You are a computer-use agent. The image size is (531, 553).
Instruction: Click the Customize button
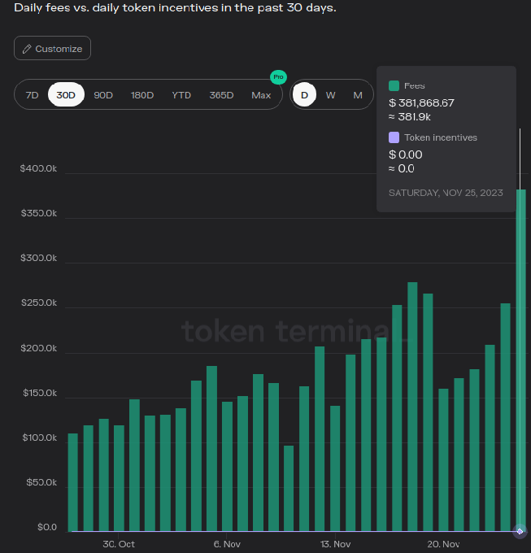(52, 49)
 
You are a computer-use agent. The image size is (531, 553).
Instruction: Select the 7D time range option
(32, 95)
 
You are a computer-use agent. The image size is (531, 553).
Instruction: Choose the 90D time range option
(103, 95)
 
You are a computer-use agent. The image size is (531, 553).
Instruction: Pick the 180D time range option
(142, 95)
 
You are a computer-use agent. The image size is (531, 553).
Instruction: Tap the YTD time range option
(181, 95)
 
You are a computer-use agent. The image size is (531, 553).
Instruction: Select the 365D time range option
(221, 95)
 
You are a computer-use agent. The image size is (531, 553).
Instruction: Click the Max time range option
(261, 95)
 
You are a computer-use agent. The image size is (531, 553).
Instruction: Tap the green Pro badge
(278, 77)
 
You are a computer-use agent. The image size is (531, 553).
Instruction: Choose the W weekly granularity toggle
(331, 95)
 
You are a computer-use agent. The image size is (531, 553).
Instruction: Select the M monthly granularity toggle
(358, 95)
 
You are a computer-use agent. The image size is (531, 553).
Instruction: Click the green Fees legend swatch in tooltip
(394, 85)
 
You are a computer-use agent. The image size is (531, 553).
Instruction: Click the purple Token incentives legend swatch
(394, 137)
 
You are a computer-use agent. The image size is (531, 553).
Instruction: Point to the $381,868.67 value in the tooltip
(421, 102)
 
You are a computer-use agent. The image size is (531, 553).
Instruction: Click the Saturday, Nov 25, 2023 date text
(446, 193)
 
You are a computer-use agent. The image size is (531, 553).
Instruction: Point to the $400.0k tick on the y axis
(38, 168)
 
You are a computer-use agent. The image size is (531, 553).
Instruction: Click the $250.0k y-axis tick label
(38, 303)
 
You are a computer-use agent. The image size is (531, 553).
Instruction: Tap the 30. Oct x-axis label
(119, 544)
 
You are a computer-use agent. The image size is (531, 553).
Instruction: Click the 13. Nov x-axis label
(335, 544)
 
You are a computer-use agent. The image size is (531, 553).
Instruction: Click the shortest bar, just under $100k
(289, 488)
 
